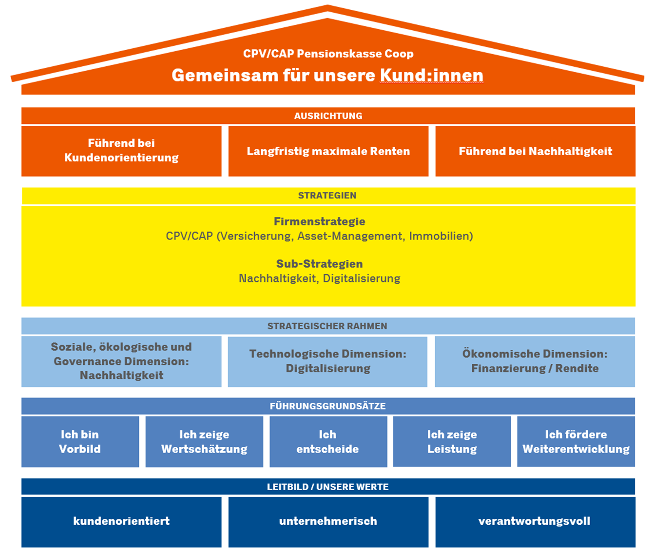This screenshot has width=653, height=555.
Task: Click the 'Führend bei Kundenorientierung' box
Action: (121, 151)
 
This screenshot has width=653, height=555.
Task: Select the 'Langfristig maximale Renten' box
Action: (328, 151)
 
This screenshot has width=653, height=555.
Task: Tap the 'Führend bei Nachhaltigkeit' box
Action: (535, 151)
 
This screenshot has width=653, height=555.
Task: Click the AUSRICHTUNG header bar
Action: (328, 116)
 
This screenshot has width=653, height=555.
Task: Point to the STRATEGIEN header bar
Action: (328, 196)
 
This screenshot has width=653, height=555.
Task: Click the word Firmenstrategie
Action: (319, 221)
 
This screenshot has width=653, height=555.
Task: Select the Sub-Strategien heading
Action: (319, 264)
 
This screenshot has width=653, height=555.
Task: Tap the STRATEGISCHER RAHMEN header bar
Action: (328, 326)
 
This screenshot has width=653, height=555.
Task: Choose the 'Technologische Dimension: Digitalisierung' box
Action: (327, 361)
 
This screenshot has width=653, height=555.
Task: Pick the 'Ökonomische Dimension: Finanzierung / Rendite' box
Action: (535, 361)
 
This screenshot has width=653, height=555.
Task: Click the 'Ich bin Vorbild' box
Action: (80, 442)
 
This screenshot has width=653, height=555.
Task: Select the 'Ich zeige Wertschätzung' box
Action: (204, 442)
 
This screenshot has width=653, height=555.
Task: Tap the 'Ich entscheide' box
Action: (328, 442)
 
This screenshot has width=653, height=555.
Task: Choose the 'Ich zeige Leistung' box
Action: (452, 442)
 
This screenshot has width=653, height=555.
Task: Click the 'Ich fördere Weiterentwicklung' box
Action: (576, 442)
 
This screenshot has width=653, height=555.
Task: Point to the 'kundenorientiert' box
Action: (121, 521)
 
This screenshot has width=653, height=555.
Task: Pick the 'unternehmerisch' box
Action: (328, 521)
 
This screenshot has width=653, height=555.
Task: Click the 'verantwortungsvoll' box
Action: (535, 521)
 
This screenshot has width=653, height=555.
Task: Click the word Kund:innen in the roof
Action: (431, 76)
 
